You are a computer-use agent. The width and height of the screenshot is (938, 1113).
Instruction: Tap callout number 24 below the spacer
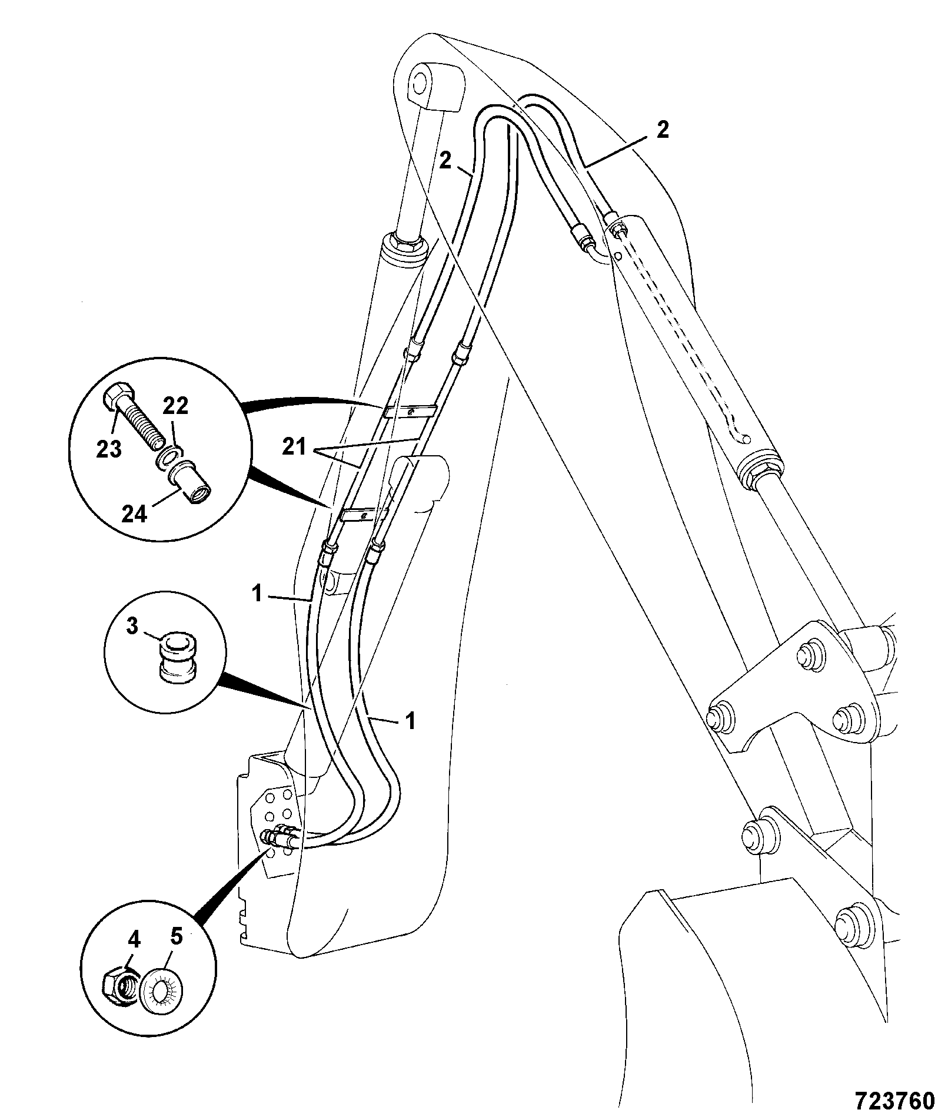point(136,515)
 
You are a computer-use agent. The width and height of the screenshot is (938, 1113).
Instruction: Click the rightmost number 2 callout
point(663,130)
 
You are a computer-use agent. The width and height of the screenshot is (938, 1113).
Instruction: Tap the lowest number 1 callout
point(411,720)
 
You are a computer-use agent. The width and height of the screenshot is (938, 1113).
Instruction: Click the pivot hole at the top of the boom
point(419,84)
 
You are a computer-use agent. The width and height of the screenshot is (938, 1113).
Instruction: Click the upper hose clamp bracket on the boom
point(410,410)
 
